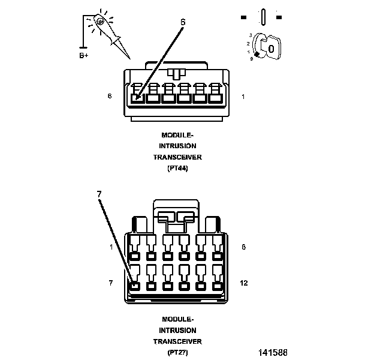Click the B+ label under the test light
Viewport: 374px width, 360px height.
(x=84, y=56)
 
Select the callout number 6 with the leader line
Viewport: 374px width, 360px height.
(x=183, y=22)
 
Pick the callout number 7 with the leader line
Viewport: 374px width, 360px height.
(x=99, y=194)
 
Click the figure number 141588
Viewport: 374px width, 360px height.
(x=273, y=352)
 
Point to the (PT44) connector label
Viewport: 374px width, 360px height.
(x=177, y=169)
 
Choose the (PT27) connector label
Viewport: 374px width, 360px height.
(x=177, y=352)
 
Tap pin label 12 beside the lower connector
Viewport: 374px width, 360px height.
(x=244, y=283)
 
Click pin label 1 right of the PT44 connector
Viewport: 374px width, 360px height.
(x=243, y=97)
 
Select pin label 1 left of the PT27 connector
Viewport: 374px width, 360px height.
(x=111, y=247)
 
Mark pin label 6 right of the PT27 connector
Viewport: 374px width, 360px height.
(x=243, y=247)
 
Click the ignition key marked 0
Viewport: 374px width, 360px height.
(x=270, y=48)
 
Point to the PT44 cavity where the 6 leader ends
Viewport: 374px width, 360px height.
(x=138, y=98)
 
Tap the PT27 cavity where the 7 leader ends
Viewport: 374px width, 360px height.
(x=134, y=286)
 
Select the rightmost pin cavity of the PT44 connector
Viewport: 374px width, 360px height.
(x=216, y=98)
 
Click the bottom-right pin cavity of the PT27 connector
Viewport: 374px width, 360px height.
(x=218, y=286)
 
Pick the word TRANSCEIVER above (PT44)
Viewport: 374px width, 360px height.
(x=177, y=157)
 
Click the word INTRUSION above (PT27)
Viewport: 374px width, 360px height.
(x=177, y=331)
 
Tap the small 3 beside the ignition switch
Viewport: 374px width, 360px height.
(x=251, y=35)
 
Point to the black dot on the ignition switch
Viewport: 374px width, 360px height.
(x=257, y=55)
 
